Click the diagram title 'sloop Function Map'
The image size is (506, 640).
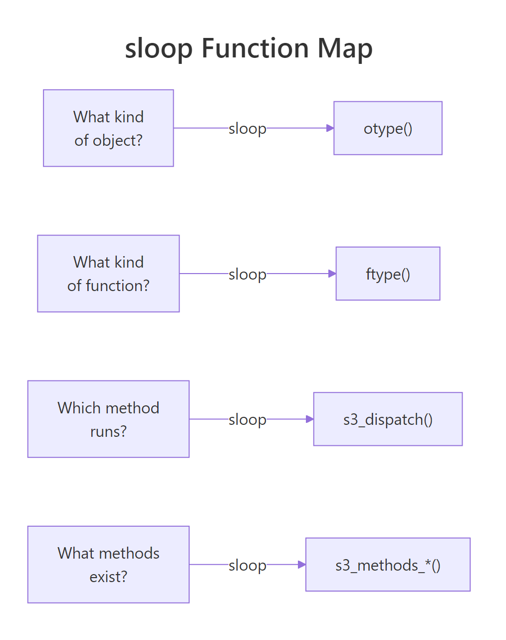(249, 48)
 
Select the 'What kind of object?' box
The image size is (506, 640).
(108, 128)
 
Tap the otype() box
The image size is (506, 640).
(388, 128)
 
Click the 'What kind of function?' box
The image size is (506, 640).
(108, 274)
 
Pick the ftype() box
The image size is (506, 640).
(388, 274)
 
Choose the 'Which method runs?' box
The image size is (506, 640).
(108, 419)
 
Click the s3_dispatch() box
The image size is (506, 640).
(388, 419)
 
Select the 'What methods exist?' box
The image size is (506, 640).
(108, 565)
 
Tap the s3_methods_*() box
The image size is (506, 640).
(388, 565)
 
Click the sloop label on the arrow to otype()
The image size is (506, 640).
(248, 129)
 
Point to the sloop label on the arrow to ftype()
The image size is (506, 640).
(248, 274)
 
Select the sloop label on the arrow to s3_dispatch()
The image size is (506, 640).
(248, 420)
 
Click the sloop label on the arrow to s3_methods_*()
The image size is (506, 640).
(248, 565)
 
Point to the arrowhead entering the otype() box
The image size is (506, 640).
(330, 128)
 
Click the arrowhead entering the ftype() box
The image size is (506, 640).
(332, 274)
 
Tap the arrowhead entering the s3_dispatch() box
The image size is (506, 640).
(309, 419)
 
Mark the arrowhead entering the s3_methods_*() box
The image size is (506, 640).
(301, 565)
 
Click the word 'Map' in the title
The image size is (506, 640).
(345, 48)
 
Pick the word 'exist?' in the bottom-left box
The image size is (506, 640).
(108, 577)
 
